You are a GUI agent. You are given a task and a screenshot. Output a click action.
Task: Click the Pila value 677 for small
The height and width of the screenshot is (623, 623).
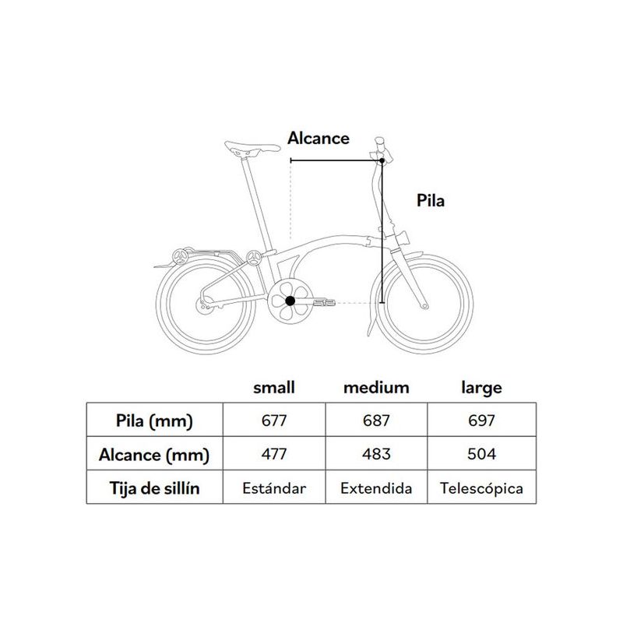click(274, 420)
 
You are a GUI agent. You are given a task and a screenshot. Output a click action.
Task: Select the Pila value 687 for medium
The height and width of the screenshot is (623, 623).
click(376, 420)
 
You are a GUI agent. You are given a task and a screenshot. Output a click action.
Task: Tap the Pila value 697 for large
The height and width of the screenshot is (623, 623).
click(481, 420)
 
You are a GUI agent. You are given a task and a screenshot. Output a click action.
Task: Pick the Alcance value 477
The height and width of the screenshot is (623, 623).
click(274, 454)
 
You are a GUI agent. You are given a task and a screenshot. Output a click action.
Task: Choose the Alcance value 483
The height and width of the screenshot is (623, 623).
click(376, 454)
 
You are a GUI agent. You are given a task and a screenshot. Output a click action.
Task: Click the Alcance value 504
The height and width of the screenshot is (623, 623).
click(481, 454)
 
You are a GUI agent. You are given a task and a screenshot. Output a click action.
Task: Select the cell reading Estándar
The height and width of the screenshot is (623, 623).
click(274, 488)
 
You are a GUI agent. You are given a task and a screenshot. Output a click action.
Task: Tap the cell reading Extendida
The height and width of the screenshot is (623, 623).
click(376, 488)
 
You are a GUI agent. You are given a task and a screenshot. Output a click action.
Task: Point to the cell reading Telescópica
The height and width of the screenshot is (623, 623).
click(481, 488)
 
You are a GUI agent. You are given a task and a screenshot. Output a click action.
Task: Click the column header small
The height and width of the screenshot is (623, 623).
click(274, 387)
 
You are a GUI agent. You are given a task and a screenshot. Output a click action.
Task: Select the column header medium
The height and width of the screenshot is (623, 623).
click(376, 387)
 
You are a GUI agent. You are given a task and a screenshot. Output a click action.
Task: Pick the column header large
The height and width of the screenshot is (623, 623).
click(481, 388)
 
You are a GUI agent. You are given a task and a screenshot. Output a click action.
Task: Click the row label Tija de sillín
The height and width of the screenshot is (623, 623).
click(154, 488)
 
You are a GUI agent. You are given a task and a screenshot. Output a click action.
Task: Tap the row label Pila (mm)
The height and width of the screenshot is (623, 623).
click(154, 421)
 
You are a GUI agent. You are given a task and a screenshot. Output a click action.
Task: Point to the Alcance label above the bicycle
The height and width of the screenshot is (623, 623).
click(319, 139)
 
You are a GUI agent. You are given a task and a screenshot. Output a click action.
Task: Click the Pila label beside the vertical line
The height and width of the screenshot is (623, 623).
click(431, 200)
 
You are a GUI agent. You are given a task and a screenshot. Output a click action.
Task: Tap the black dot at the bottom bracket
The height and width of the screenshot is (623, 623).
click(290, 301)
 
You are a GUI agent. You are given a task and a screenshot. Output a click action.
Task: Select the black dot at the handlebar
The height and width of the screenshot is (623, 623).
click(382, 160)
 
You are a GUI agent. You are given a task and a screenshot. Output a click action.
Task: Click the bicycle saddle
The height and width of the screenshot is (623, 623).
click(252, 149)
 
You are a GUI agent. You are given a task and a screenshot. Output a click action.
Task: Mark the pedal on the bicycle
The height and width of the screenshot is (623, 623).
click(324, 303)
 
